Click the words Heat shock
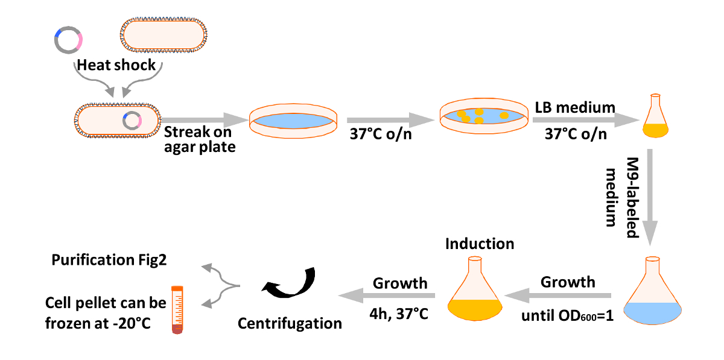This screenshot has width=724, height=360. pyautogui.click(x=116, y=65)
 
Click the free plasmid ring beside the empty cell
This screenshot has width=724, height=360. pyautogui.click(x=68, y=40)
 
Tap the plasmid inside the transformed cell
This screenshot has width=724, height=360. pyautogui.click(x=132, y=121)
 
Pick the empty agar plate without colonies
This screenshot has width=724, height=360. pyautogui.click(x=294, y=119)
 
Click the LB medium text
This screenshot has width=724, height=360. pyautogui.click(x=575, y=107)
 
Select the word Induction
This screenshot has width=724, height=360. pyautogui.click(x=480, y=244)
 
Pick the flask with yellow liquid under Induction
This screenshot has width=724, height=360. pyautogui.click(x=475, y=292)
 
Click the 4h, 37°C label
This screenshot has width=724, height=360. pyautogui.click(x=400, y=314)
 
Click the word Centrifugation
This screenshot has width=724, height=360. pyautogui.click(x=290, y=323)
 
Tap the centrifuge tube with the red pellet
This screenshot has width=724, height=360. pyautogui.click(x=177, y=309)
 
